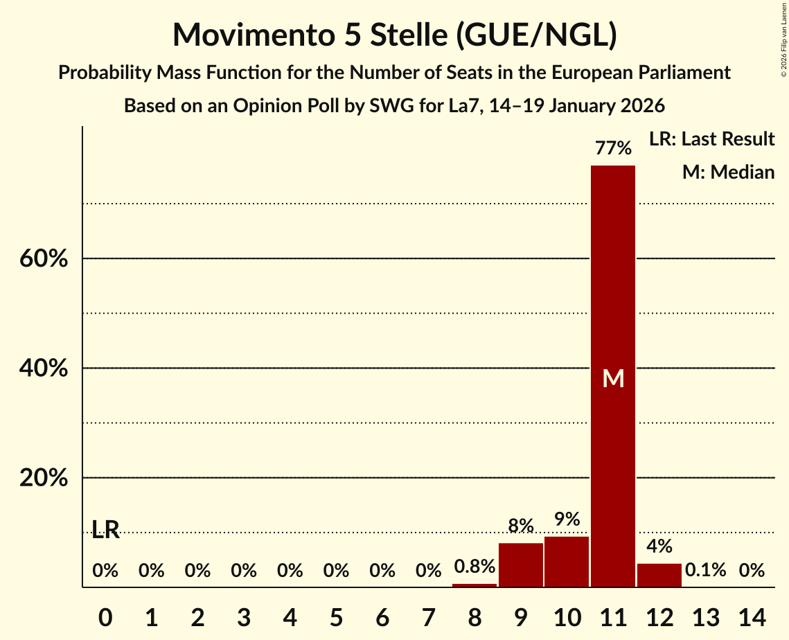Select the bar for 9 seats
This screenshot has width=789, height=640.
(521, 565)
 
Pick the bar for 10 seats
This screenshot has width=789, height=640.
(567, 562)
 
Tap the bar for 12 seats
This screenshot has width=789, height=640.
(659, 575)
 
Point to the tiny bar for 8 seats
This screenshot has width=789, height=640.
(475, 585)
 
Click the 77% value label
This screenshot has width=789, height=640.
(613, 148)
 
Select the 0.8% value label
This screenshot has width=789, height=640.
(475, 567)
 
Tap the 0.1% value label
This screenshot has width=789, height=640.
(705, 570)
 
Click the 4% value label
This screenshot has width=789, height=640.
(659, 546)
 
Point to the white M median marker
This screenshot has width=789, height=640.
(613, 378)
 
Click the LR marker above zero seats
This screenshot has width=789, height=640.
(105, 531)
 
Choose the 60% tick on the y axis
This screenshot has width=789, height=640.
(43, 259)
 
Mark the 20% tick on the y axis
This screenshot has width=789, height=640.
(43, 479)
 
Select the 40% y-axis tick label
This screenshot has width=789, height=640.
(43, 368)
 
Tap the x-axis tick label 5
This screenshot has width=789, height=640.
(336, 616)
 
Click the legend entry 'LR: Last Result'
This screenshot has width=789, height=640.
(711, 139)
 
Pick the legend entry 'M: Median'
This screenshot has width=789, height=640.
(728, 172)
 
